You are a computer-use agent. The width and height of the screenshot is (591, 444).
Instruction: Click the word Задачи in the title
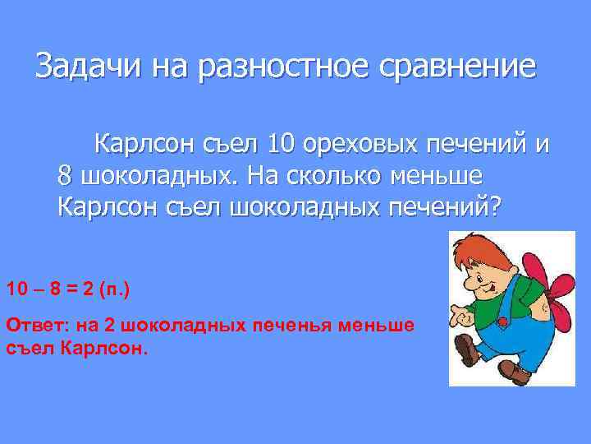click(x=80, y=66)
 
